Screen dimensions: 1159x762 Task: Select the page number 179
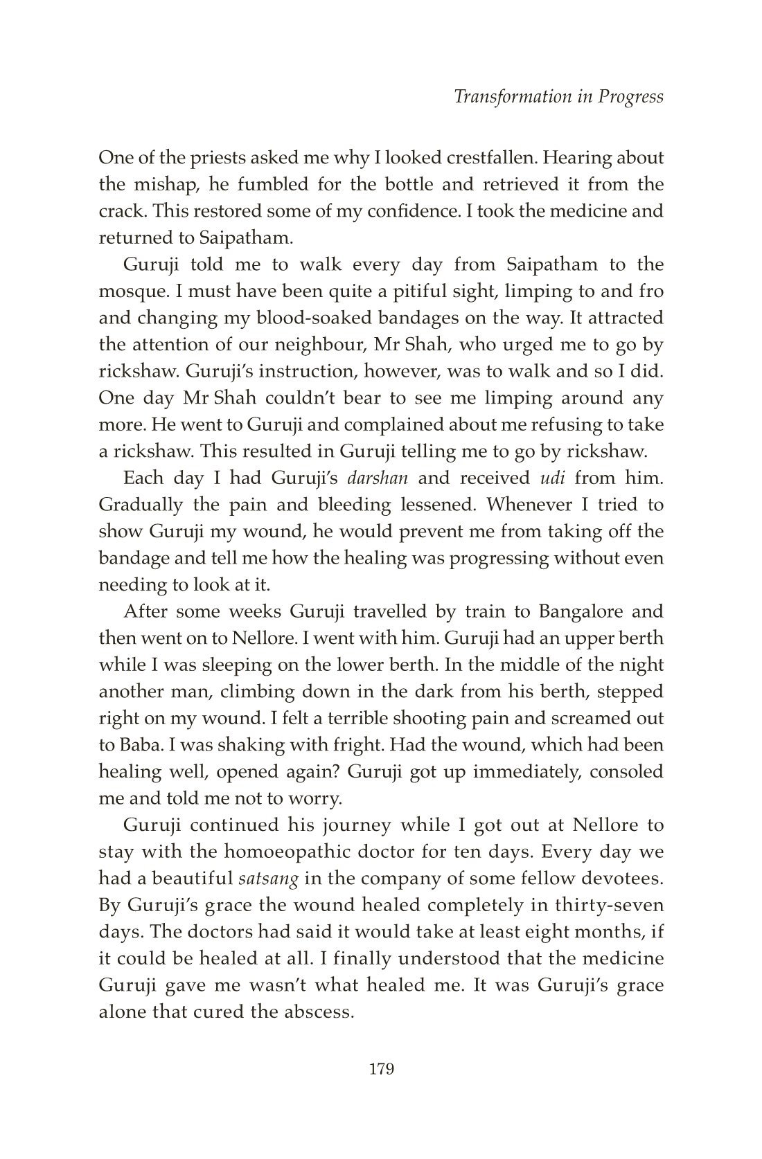pyautogui.click(x=381, y=1070)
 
